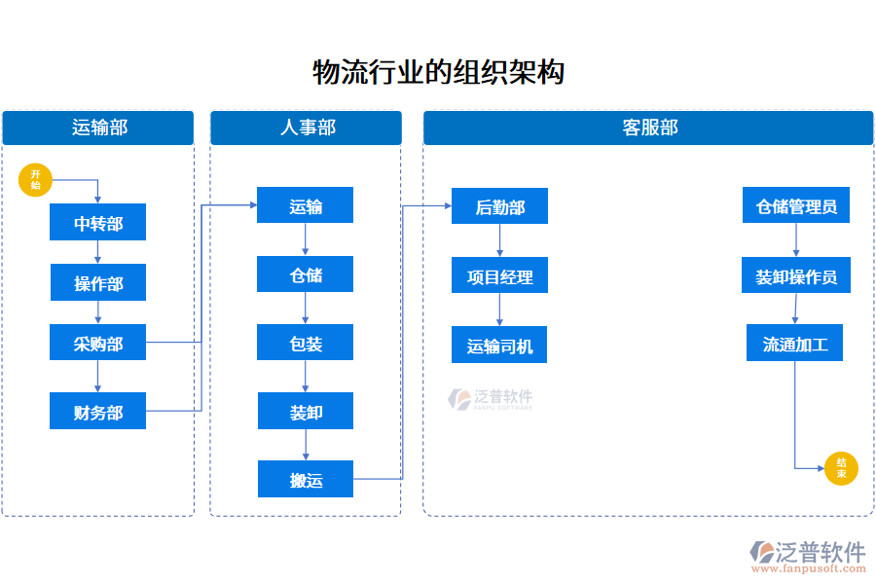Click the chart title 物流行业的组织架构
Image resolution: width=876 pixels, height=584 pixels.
[438, 72]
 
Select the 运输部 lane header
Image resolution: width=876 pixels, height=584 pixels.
[98, 128]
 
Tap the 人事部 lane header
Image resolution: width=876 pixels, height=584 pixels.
[306, 128]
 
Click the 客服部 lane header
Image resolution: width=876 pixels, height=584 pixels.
[648, 128]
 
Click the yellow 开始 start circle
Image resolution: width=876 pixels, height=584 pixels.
[35, 179]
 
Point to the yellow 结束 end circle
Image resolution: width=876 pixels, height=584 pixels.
[841, 468]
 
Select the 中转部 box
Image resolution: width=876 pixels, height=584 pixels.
[98, 223]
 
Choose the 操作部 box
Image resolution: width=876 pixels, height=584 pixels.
[98, 283]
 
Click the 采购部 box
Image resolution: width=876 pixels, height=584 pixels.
[98, 343]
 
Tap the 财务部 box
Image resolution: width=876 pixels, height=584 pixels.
[98, 412]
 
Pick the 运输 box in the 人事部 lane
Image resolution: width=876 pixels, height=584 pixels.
[306, 206]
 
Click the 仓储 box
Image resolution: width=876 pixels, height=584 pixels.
[306, 274]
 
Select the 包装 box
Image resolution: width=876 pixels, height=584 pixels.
[306, 344]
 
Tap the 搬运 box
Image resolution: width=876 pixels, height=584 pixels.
[306, 480]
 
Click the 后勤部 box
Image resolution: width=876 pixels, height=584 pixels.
[499, 206]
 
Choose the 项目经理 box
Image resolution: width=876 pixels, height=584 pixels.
[499, 275]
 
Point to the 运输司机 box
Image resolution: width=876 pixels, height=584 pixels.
[499, 346]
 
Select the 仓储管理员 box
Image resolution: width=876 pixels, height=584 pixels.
[796, 206]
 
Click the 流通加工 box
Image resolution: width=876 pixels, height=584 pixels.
[795, 344]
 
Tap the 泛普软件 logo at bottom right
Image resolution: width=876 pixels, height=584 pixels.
[808, 553]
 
